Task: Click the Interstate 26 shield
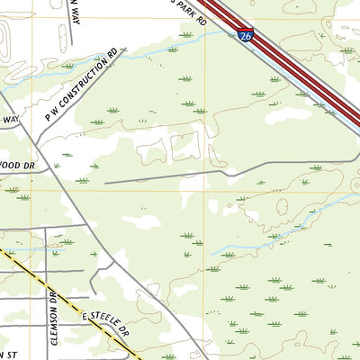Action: (247, 35)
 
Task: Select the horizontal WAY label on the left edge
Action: (10, 119)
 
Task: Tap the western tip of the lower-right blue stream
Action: (212, 254)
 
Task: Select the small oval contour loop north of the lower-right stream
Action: (282, 206)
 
